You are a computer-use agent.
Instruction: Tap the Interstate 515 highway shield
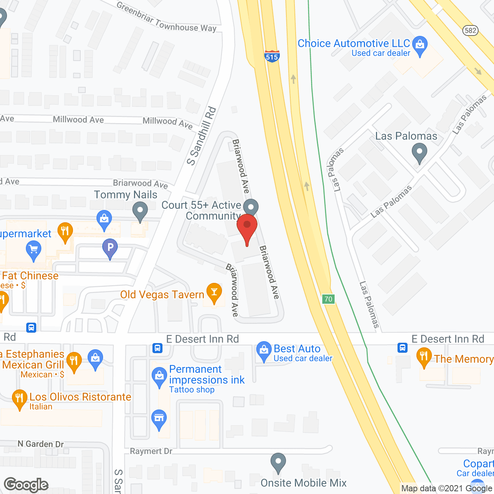[272, 56]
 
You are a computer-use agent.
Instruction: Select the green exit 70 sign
[328, 299]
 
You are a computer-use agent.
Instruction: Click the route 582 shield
[470, 30]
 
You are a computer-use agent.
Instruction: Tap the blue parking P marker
[110, 247]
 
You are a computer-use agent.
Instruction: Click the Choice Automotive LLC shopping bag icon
[420, 45]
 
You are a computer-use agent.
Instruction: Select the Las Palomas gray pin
[419, 152]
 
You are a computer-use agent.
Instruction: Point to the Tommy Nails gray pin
[140, 212]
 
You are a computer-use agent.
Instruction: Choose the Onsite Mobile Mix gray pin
[278, 462]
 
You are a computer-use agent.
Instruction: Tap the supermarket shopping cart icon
[34, 250]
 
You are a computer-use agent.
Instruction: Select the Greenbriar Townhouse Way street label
[166, 18]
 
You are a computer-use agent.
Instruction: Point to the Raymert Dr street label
[151, 451]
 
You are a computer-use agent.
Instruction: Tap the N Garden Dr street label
[41, 444]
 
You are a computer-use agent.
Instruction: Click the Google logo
[26, 485]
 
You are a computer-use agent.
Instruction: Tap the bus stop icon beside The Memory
[403, 348]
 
